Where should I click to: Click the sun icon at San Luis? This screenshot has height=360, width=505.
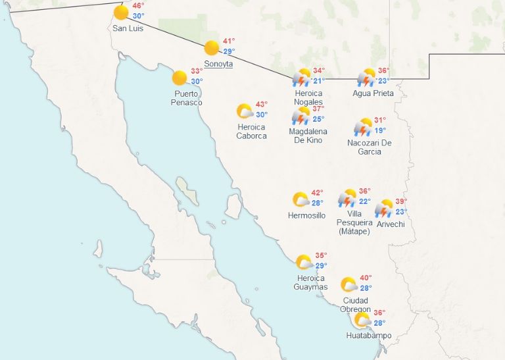coord(121,13)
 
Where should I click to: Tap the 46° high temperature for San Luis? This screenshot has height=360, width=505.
coord(138,5)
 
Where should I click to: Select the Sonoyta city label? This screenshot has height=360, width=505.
coord(218,63)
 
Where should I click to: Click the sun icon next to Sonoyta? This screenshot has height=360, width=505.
coord(211,48)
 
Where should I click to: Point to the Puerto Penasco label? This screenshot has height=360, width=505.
coord(187,98)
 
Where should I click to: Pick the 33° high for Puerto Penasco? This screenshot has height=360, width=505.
coord(197,71)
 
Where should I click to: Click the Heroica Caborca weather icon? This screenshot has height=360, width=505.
coord(245,111)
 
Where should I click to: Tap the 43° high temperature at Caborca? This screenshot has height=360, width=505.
coord(262,104)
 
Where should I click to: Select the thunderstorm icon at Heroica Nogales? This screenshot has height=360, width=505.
coord(302,78)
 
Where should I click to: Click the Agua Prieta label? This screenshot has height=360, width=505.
coord(373,93)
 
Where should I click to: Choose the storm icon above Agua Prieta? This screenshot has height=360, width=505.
coord(366,78)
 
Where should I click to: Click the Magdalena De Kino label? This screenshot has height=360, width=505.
coord(308,136)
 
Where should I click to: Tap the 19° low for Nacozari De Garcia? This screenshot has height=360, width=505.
coord(380,130)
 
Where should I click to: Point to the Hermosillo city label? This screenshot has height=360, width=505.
coord(306,215)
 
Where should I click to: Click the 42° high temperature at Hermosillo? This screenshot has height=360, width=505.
coord(317,193)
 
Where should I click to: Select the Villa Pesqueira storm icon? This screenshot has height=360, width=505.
coord(347,198)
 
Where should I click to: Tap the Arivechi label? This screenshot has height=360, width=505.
coord(391,224)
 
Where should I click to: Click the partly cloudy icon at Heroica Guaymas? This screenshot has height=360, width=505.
coord(304,262)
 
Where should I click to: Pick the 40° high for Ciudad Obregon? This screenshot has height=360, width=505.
coord(366,278)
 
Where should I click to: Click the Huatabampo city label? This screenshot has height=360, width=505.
coord(368,336)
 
